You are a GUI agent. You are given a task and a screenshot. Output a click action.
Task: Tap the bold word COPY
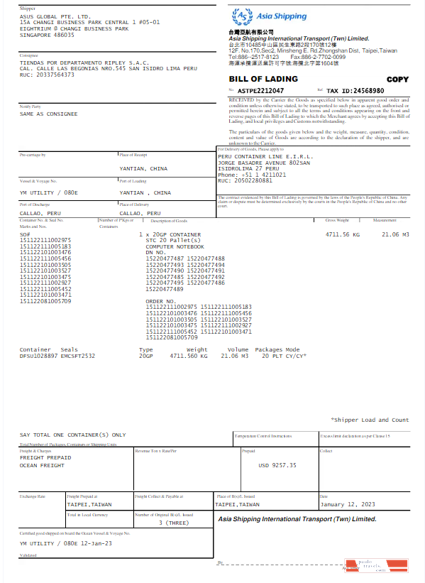point(397,80)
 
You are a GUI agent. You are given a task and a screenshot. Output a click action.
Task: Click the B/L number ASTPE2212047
point(260,91)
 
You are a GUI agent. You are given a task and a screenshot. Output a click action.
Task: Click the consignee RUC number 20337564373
point(47,74)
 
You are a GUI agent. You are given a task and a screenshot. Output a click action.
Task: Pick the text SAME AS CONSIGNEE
point(49,114)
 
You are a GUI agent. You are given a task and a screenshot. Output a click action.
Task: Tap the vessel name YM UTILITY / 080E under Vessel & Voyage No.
point(49,192)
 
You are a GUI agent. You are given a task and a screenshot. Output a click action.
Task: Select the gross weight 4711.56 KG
point(343,234)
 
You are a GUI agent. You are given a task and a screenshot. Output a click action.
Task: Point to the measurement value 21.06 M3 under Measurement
point(396,234)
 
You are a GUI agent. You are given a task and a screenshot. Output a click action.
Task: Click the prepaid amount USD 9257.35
point(277,465)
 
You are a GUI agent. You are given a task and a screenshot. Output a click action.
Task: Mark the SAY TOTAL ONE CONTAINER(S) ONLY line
point(72,435)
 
